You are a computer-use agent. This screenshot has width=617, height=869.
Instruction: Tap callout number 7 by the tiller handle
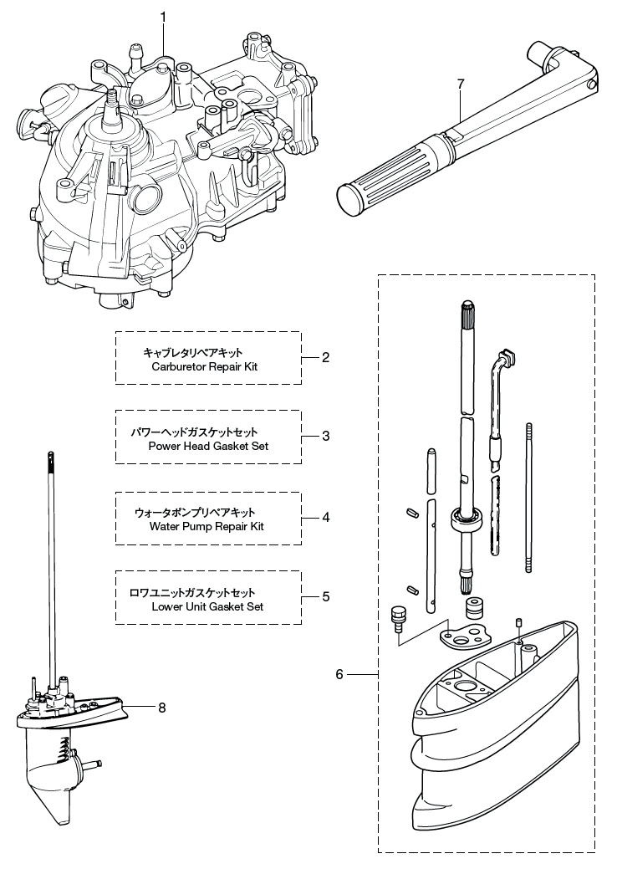(460, 84)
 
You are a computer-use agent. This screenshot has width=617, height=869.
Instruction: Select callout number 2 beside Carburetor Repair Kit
(326, 357)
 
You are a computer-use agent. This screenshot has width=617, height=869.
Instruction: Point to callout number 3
(326, 437)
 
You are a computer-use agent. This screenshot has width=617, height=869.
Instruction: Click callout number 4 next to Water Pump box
(326, 517)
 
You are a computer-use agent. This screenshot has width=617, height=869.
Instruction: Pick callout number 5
(326, 596)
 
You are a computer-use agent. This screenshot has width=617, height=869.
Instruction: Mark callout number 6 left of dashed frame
(339, 674)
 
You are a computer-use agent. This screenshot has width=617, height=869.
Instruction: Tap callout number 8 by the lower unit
(161, 708)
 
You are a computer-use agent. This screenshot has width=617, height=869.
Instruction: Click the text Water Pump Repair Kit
(207, 527)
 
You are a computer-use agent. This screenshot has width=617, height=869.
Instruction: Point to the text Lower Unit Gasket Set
(207, 606)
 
